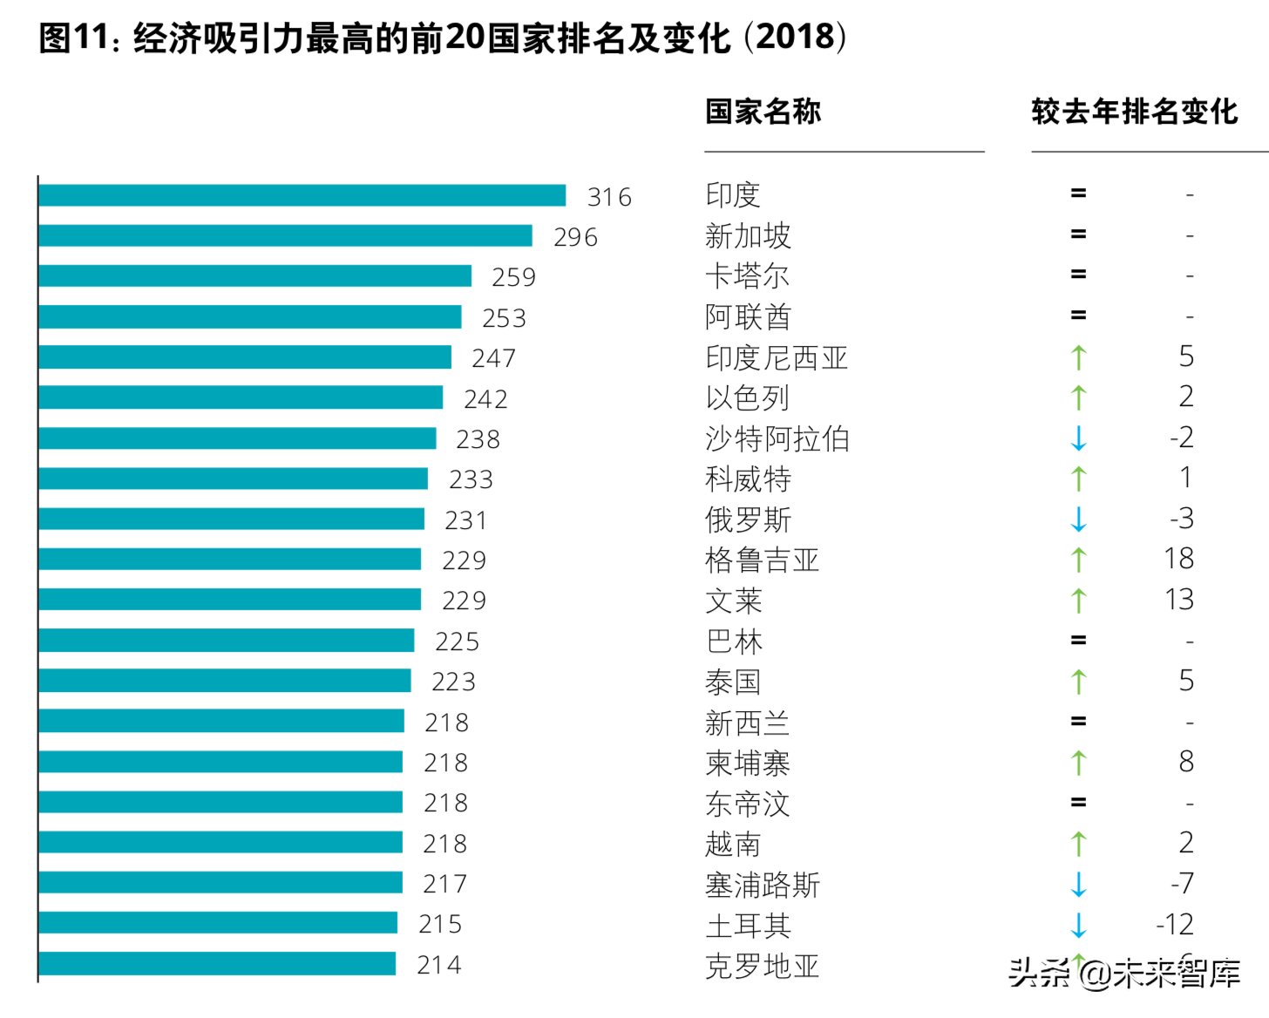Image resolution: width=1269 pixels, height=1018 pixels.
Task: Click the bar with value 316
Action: tap(302, 195)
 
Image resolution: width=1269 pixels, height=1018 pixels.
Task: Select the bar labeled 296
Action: tap(285, 235)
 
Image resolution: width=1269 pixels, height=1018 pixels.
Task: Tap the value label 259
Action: tap(513, 277)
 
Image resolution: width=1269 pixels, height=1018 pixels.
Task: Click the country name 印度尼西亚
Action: tap(776, 357)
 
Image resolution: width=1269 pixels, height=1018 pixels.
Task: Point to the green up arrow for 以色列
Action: tap(1078, 397)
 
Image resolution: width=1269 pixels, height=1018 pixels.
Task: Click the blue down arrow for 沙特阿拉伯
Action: tap(1078, 438)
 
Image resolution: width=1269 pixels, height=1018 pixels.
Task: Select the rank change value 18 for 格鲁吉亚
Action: tap(1178, 559)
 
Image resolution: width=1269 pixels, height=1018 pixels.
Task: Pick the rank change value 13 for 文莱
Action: tap(1178, 600)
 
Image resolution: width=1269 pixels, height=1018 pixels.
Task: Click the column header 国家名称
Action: tap(763, 112)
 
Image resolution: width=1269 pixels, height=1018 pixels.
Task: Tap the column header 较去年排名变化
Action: tap(1134, 112)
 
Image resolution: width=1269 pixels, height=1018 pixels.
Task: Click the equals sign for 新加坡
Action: tap(1078, 234)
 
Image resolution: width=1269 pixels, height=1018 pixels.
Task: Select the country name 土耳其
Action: tap(748, 925)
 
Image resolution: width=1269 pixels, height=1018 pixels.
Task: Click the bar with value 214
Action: tap(217, 963)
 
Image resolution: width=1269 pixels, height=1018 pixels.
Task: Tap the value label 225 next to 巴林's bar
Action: tap(457, 641)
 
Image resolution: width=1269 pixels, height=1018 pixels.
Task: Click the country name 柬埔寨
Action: tap(748, 763)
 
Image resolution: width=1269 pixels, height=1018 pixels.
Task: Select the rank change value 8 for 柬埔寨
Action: tap(1185, 762)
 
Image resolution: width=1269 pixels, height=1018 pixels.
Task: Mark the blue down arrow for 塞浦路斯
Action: tap(1078, 884)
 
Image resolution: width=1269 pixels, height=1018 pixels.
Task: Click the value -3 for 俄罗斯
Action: tap(1181, 519)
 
